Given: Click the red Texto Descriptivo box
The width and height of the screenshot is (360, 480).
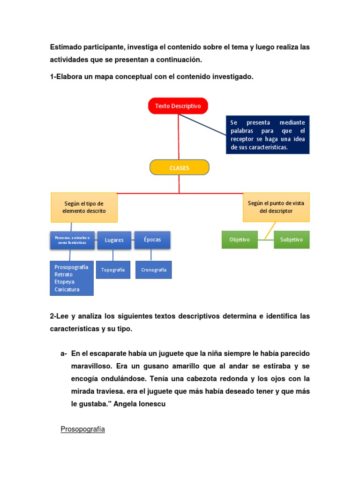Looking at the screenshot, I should tap(178, 106).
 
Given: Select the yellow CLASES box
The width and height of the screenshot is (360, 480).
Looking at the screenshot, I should tap(179, 167).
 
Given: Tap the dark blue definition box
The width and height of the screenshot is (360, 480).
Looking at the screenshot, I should tap(268, 135).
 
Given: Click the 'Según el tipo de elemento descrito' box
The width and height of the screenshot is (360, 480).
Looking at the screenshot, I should tap(84, 207).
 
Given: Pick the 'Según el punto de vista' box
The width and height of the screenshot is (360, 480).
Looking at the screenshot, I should tap(276, 207).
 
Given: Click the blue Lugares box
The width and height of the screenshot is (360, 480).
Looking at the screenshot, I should tap(114, 240).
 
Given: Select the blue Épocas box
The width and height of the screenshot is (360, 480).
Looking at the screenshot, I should tap(152, 240).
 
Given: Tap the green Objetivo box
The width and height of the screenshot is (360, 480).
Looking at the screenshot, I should tap(240, 240).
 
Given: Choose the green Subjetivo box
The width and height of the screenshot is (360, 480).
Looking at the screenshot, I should tap(292, 240).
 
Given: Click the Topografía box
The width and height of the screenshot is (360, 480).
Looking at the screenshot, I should tap(113, 270).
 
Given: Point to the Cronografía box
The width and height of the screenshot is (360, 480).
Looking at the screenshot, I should tap(153, 270).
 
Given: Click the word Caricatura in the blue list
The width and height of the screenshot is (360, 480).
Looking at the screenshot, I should tap(67, 290).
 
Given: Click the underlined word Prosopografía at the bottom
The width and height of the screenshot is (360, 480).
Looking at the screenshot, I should tap(82, 429).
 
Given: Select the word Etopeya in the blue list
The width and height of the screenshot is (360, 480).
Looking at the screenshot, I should tap(65, 282).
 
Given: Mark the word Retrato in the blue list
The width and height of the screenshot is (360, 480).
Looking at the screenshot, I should tap(64, 275).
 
